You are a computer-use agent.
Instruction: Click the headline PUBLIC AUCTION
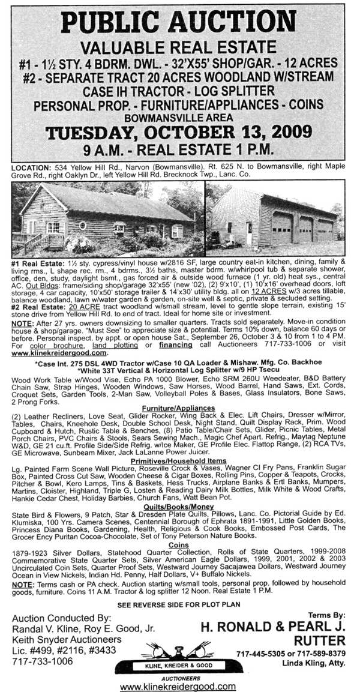(x=180, y=23)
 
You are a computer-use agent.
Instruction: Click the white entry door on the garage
(x=249, y=233)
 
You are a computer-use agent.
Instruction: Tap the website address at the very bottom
(x=179, y=685)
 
